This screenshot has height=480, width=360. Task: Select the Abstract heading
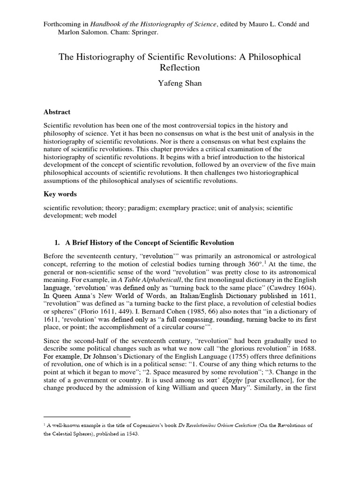click(x=57, y=112)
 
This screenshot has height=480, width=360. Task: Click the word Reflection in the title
click(x=180, y=68)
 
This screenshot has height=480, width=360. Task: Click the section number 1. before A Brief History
click(x=58, y=243)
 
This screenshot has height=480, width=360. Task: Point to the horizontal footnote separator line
click(x=87, y=417)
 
